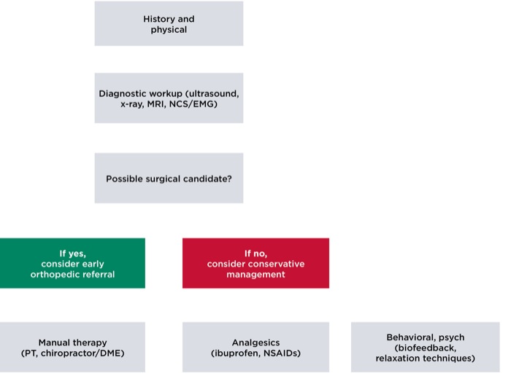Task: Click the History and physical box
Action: (x=169, y=23)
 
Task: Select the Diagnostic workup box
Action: (x=169, y=98)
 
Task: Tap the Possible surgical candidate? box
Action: (x=169, y=178)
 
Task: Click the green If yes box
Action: (x=72, y=263)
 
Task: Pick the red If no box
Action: (x=255, y=263)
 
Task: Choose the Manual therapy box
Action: (x=72, y=347)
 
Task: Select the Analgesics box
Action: (x=255, y=347)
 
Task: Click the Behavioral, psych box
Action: (x=426, y=347)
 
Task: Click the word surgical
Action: (x=162, y=179)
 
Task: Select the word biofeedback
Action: (x=426, y=348)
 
